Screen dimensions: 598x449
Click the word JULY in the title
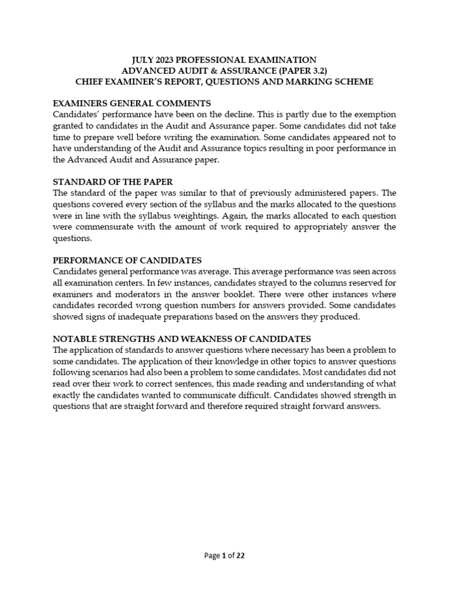(144, 60)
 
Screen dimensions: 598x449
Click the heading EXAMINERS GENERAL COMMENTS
(132, 103)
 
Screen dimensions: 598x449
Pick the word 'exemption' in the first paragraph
(375, 114)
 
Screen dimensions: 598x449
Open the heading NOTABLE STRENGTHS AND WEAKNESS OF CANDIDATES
(182, 339)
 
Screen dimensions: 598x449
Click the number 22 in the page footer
(240, 556)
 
